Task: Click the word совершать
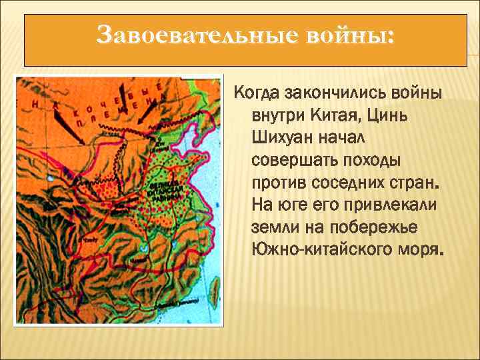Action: pyautogui.click(x=290, y=159)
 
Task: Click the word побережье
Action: pyautogui.click(x=381, y=227)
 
